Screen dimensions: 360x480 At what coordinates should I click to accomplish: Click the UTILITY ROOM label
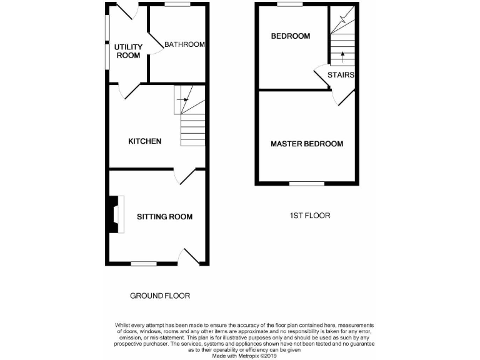(128, 51)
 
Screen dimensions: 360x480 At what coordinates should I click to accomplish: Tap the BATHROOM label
(185, 44)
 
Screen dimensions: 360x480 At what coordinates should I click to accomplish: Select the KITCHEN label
(145, 141)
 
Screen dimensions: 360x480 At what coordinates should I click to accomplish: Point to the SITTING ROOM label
(164, 217)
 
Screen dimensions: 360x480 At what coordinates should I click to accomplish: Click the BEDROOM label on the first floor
(290, 36)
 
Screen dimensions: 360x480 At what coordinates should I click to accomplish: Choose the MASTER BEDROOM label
(306, 144)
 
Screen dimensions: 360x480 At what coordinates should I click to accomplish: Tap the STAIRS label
(341, 75)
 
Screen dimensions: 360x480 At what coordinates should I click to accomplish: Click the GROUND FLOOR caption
(159, 296)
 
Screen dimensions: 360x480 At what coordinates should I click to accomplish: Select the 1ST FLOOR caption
(309, 216)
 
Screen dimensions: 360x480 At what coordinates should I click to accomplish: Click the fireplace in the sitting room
(116, 214)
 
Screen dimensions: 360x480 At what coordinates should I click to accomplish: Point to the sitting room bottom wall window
(144, 264)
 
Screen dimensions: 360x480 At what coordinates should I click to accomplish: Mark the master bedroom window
(306, 184)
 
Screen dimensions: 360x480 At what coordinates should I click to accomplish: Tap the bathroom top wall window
(177, 4)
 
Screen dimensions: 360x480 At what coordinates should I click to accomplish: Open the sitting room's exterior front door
(191, 257)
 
